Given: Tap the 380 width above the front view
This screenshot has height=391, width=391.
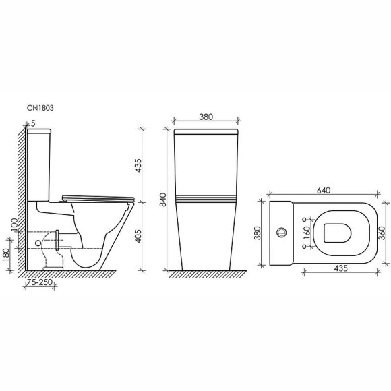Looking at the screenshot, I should [x=206, y=117].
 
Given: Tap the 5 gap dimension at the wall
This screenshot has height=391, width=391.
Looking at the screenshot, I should [x=30, y=124].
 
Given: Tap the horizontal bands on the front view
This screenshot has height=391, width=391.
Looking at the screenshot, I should [x=206, y=200].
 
